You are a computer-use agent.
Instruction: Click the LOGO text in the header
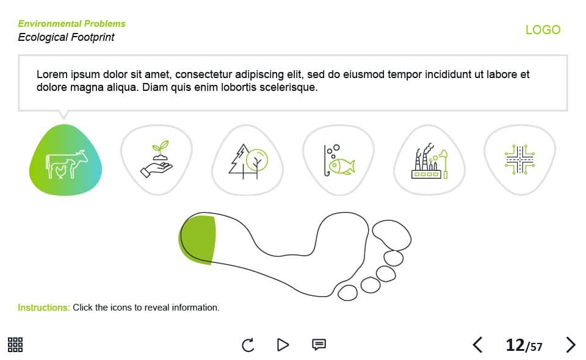[543, 29]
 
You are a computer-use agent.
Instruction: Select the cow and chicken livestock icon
[67, 164]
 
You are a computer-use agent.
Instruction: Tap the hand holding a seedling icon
[157, 159]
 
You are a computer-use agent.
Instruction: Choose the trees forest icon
[248, 161]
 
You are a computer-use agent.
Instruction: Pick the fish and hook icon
[339, 160]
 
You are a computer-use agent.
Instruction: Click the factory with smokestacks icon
[429, 160]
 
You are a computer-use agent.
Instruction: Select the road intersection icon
[519, 159]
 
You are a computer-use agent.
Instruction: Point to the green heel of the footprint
[197, 240]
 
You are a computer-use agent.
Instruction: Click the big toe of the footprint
[392, 235]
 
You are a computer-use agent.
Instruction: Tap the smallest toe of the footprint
[347, 293]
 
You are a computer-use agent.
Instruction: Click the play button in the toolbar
[283, 345]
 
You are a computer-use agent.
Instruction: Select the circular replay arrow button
[248, 345]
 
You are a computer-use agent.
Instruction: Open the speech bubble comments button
[319, 344]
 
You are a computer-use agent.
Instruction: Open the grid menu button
[15, 345]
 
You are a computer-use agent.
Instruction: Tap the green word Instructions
[44, 308]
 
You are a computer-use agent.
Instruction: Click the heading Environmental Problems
[72, 24]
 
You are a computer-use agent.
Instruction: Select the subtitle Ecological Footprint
[66, 37]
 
